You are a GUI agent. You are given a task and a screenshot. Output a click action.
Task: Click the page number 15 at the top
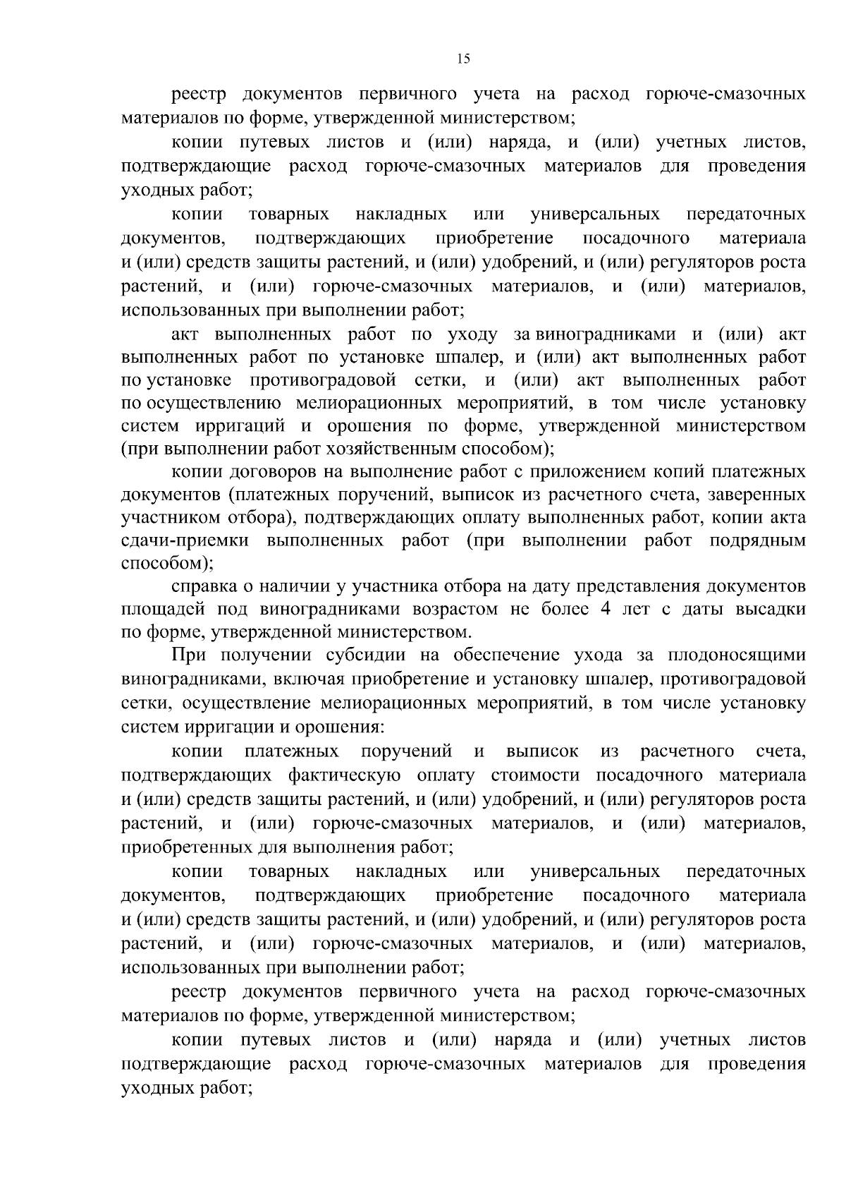tap(463, 59)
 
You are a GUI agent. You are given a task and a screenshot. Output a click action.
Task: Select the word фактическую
tap(345, 775)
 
